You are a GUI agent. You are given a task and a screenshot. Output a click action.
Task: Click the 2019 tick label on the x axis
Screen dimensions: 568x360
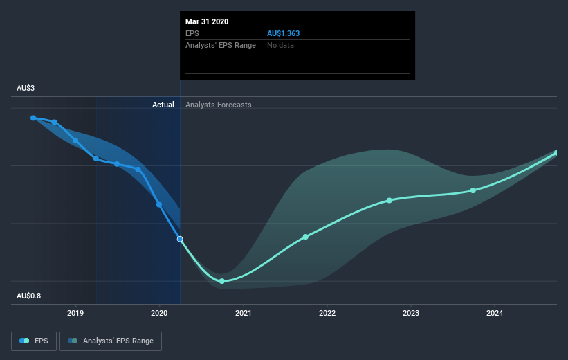(75, 313)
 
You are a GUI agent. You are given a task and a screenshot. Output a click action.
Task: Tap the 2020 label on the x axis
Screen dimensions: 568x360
(159, 313)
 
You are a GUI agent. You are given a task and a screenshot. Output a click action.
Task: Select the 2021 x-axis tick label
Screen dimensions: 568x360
(243, 313)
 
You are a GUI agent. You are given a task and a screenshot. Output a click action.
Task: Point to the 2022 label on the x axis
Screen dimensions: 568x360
(327, 313)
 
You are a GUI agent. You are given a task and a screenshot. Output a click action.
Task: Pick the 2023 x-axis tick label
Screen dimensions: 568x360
(411, 313)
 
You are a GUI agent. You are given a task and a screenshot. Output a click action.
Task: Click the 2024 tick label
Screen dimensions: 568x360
(495, 313)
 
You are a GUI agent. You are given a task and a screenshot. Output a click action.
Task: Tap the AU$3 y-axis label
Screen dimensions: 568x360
(26, 88)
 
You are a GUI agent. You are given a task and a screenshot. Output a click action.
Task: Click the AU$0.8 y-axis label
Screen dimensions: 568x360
(28, 296)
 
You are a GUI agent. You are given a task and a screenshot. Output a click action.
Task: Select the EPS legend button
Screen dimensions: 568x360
(34, 341)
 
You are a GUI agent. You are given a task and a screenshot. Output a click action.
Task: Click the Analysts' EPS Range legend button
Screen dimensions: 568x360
(111, 341)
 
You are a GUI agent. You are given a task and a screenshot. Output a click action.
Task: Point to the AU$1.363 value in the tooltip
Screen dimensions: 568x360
(283, 33)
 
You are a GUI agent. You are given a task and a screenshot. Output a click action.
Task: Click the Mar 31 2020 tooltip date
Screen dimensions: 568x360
(207, 21)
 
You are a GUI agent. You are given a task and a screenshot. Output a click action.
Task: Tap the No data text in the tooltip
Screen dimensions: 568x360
(280, 45)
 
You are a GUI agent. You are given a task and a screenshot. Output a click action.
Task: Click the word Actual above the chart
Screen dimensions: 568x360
(163, 105)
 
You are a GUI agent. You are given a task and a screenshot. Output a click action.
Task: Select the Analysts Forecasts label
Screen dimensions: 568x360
(219, 105)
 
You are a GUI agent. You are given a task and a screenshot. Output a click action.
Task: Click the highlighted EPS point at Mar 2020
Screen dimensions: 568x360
(180, 239)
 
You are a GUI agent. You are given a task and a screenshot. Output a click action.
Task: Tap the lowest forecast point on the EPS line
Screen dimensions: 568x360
(222, 281)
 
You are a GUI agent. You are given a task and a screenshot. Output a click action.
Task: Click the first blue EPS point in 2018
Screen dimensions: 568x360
(33, 118)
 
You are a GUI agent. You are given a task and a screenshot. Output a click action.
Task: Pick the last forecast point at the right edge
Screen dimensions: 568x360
(557, 153)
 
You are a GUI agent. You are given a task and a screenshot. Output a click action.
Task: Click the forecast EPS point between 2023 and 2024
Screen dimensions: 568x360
(473, 190)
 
